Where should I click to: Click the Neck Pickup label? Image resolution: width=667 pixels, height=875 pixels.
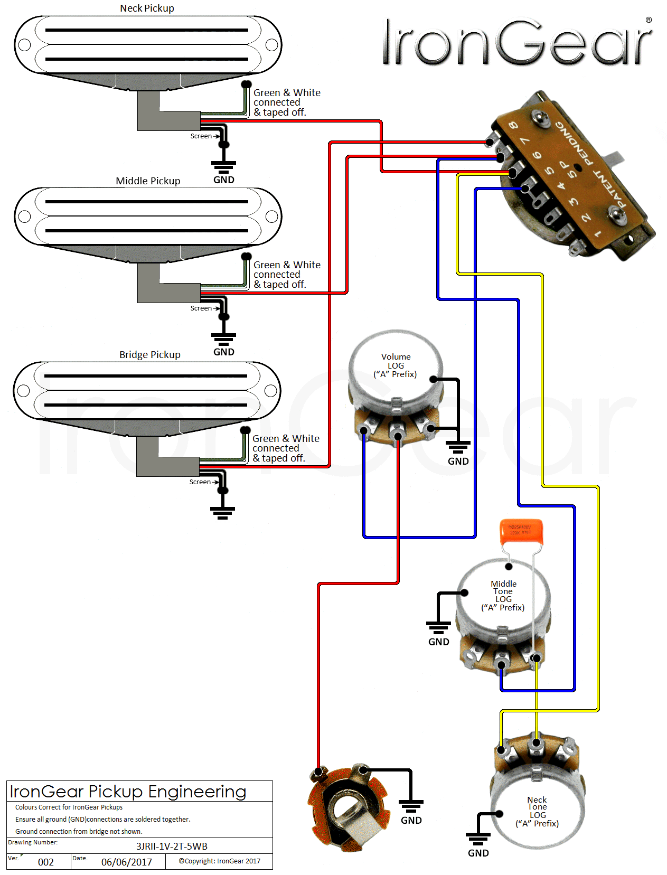click(147, 8)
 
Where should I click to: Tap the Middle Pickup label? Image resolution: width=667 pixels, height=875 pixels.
click(148, 181)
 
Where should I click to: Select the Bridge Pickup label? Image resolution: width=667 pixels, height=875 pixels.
click(149, 355)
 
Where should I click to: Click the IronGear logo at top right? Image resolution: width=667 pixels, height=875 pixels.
click(518, 42)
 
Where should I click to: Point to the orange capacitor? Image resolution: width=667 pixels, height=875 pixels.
click(521, 531)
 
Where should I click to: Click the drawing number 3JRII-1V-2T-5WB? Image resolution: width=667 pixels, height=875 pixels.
click(172, 846)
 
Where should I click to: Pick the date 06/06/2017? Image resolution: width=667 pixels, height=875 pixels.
click(127, 862)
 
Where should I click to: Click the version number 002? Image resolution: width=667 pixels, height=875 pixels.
click(46, 862)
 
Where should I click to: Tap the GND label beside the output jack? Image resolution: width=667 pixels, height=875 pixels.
click(411, 820)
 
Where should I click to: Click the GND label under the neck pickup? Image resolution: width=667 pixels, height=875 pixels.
click(224, 180)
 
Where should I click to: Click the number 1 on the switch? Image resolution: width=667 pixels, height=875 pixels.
click(598, 233)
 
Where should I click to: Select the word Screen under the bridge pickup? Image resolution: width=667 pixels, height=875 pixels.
click(200, 482)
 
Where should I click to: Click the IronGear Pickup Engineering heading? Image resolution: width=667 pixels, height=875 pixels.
click(128, 792)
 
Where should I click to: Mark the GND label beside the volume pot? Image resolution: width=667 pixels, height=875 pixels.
click(458, 462)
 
